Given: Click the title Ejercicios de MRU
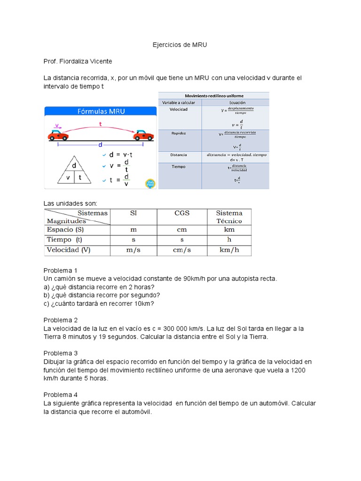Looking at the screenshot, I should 180,45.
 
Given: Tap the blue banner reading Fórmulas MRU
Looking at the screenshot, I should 101,111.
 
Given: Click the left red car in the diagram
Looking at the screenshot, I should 58,135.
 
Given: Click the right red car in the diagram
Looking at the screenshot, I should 143,135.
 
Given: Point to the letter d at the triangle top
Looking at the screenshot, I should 74,166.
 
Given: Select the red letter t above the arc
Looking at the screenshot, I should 100,124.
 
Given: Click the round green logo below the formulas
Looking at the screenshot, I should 150,183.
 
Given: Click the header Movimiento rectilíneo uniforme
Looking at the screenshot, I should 214,95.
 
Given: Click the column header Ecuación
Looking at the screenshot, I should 236,102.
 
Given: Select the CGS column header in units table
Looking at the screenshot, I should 182,213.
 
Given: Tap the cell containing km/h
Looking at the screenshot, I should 229,250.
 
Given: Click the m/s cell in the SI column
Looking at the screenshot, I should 133,250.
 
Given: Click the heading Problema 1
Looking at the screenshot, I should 60,271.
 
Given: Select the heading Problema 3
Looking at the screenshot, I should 60,353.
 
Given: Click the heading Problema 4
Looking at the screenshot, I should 60,395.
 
